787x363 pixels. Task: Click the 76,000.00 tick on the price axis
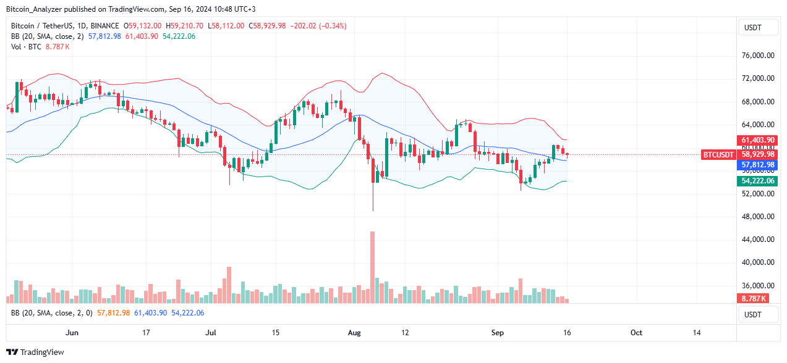(758, 56)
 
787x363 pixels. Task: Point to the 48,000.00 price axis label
(758, 217)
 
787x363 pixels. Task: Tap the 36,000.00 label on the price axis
(758, 286)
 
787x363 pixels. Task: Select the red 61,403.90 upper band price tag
(758, 140)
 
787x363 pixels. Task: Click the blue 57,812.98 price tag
(758, 165)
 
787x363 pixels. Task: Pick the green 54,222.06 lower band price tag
(758, 180)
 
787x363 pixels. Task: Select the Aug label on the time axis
(354, 333)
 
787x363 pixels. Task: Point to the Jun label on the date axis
(72, 333)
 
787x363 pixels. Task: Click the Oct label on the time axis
(636, 333)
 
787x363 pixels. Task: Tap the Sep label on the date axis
(498, 333)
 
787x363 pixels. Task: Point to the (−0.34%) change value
(331, 26)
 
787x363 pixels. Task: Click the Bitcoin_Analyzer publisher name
(36, 9)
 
